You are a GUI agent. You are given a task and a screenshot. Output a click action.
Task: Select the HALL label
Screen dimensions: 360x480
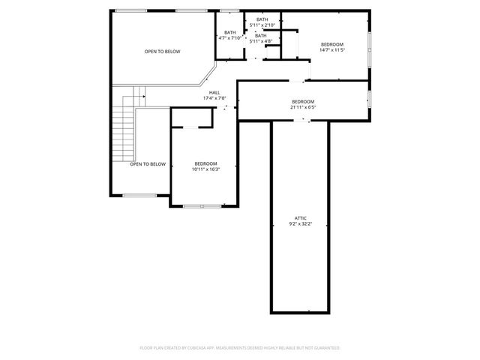(214, 93)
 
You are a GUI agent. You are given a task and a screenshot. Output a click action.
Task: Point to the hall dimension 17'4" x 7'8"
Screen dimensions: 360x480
(214, 98)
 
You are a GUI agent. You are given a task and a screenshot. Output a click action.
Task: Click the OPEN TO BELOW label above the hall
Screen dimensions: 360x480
(163, 52)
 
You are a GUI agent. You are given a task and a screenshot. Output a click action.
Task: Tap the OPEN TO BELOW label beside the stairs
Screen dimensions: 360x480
(148, 163)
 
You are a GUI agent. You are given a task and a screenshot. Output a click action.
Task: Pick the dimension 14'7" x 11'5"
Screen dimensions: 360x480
(332, 51)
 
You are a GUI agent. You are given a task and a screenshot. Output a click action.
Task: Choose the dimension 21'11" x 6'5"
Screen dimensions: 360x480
(303, 106)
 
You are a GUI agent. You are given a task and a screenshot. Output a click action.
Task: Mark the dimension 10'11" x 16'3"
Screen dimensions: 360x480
(205, 169)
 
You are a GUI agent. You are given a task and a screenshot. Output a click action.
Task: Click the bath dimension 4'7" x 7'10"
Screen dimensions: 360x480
(229, 37)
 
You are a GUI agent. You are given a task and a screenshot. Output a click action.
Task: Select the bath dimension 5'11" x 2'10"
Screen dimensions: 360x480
(262, 25)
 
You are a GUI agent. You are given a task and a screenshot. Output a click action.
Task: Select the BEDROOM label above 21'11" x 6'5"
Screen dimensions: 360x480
(303, 101)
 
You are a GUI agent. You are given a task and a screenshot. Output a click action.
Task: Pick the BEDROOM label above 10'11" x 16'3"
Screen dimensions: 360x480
(205, 163)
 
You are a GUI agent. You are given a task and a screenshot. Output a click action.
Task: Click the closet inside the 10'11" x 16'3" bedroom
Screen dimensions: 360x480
(193, 118)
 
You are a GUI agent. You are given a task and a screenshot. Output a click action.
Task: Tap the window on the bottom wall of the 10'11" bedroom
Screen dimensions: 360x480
(202, 205)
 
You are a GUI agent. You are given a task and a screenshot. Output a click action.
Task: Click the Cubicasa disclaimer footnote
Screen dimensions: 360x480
(240, 348)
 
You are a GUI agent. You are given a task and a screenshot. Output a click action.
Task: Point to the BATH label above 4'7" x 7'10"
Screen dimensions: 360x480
(229, 32)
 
